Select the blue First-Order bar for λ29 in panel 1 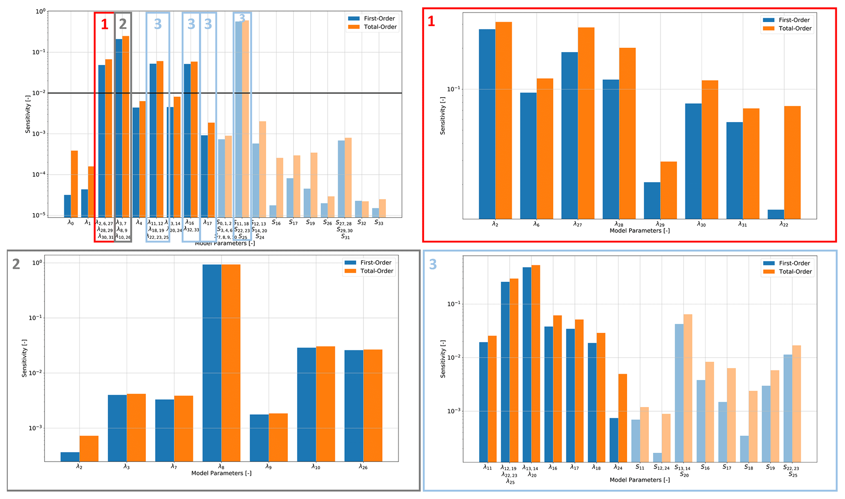point(652,200)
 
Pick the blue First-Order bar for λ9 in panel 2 point(259,438)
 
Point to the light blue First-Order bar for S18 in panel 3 point(744,449)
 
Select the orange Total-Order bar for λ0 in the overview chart point(74,184)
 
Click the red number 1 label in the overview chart point(105,25)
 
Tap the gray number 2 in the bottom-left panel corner point(16,264)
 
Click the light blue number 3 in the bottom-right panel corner point(433,265)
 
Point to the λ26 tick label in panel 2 point(363,466)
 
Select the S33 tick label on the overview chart point(379,223)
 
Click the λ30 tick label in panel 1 point(701,224)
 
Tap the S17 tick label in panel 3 point(726,467)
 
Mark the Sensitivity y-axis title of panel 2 point(25,358)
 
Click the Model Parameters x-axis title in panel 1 point(639,231)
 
